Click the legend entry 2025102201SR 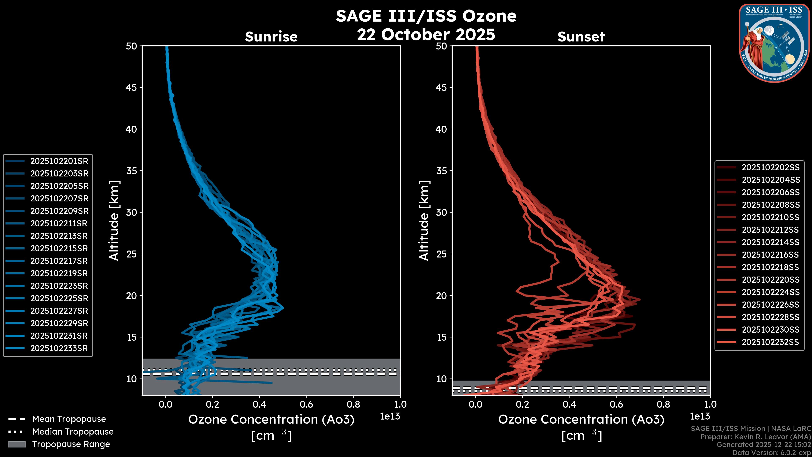(x=59, y=161)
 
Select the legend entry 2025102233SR (x=59, y=348)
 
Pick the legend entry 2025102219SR (x=59, y=273)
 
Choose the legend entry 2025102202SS (x=770, y=168)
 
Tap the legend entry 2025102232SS (x=770, y=342)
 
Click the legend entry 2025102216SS (x=770, y=255)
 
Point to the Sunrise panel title (x=271, y=37)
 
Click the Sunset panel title (x=581, y=37)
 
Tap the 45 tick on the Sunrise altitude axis (x=132, y=88)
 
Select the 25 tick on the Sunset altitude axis (x=442, y=254)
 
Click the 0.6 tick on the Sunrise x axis (x=306, y=404)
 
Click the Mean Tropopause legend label (x=69, y=419)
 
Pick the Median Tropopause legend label (x=73, y=432)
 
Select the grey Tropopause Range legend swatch (x=17, y=444)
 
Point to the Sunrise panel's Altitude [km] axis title (x=114, y=220)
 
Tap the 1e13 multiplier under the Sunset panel (x=700, y=416)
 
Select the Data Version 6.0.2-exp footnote (x=772, y=453)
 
